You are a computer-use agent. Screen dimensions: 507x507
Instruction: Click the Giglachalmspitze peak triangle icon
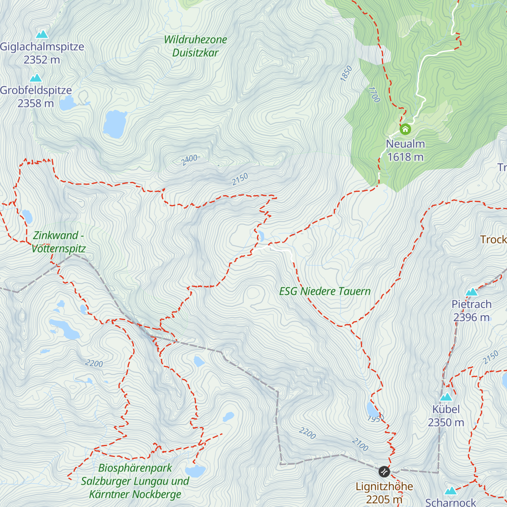coord(42,34)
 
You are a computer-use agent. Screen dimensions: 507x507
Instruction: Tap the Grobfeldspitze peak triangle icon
coord(36,78)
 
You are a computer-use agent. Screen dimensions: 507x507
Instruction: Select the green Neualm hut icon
coord(405,129)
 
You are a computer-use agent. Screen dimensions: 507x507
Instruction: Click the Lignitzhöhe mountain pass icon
coord(384,471)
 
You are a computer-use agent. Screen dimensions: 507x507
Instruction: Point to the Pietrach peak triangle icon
coord(472,292)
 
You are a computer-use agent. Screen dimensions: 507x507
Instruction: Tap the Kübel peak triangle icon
coord(446,397)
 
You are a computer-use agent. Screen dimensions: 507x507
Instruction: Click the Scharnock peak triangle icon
coord(451,491)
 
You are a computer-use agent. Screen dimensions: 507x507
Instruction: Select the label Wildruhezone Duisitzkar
coord(195,46)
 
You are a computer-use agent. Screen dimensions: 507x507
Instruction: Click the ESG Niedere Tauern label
coord(324,291)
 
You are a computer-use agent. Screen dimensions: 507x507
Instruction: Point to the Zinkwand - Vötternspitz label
coord(58,242)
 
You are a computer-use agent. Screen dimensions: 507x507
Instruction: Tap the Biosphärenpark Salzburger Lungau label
coord(135,481)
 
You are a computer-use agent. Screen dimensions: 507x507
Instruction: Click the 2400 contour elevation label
coord(189,160)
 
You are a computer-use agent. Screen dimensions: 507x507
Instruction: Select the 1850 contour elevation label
coord(346,74)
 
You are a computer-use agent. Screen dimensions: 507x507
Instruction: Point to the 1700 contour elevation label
coord(374,95)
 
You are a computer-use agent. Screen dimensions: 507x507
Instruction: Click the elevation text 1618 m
coord(405,157)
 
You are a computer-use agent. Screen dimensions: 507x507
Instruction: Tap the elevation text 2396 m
coord(472,317)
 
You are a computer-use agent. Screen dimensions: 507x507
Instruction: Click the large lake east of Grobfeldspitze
coord(115,124)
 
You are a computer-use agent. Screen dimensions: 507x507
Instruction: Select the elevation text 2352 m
coord(42,60)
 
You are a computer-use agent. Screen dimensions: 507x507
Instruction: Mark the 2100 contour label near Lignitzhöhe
coord(360,444)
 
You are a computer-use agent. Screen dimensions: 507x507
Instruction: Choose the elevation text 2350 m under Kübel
coord(446,422)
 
